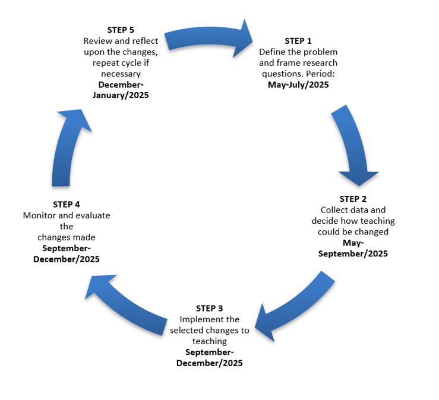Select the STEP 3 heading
tap(210, 309)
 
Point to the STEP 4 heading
tap(66, 205)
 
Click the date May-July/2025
tap(297, 85)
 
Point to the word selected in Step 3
tap(187, 331)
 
